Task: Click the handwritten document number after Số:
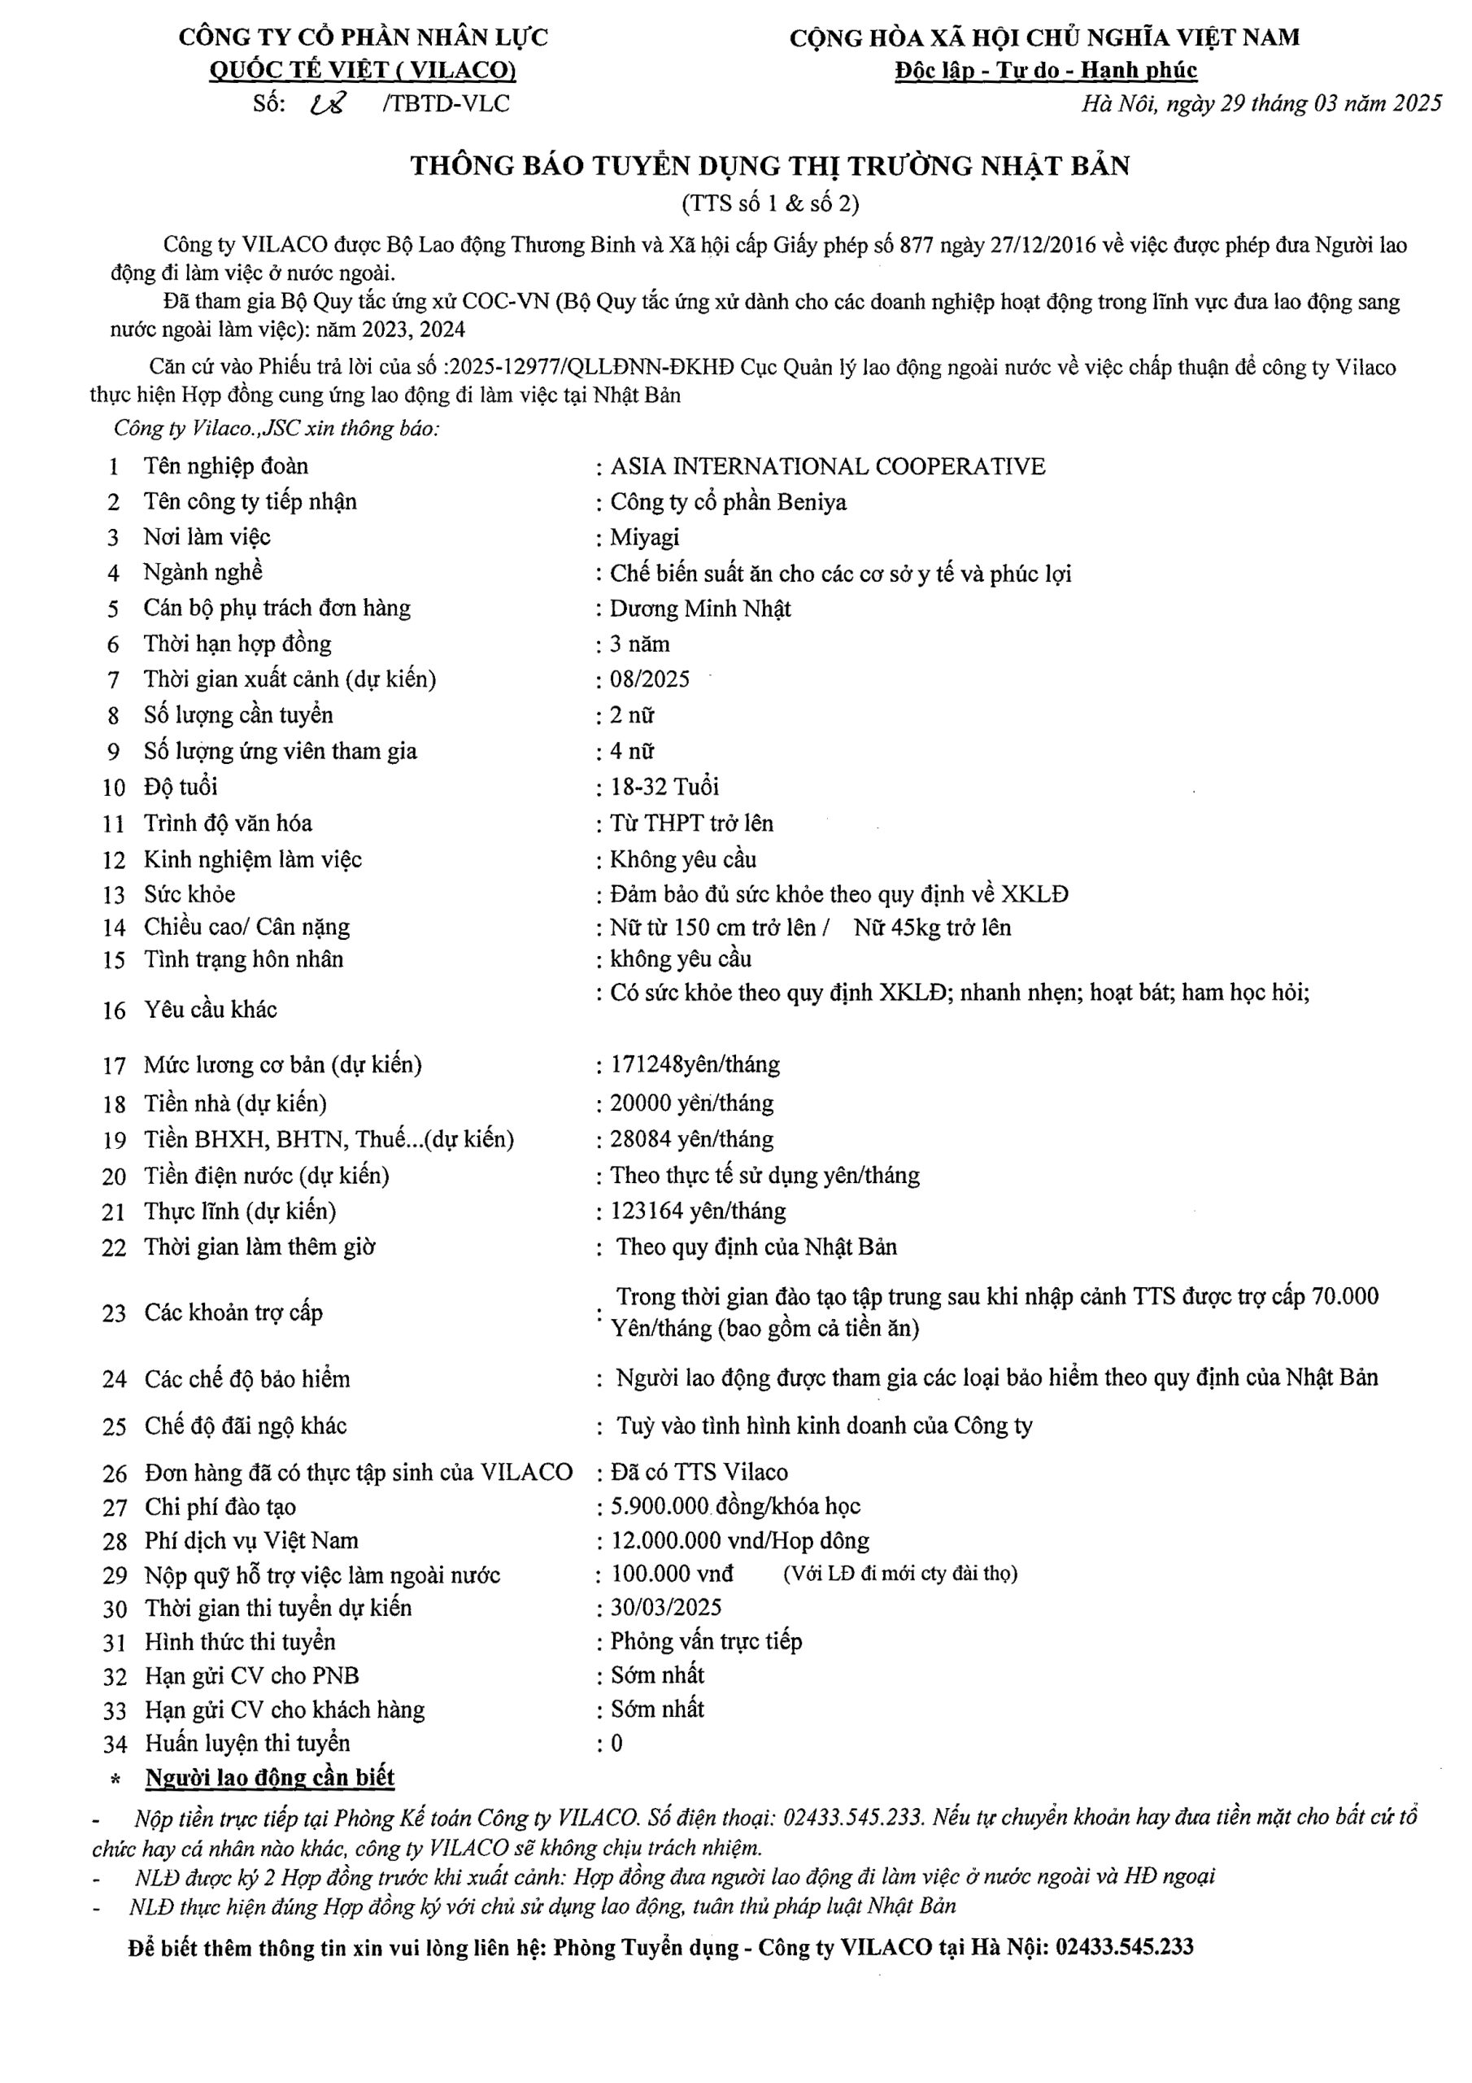[x=325, y=104]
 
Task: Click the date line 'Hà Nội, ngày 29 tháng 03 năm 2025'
[x=1261, y=103]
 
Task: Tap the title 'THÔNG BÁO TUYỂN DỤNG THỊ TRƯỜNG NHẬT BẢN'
[x=769, y=166]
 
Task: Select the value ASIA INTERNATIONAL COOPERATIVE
[x=827, y=466]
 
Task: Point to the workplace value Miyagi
[x=644, y=537]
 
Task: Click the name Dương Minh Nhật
[x=700, y=608]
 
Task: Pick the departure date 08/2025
[x=649, y=679]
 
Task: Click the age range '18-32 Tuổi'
[x=664, y=787]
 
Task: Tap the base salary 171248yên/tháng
[x=695, y=1064]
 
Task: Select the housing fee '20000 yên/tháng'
[x=691, y=1103]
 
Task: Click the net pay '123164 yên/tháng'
[x=698, y=1212]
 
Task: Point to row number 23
[x=113, y=1312]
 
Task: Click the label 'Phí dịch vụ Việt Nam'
[x=251, y=1540]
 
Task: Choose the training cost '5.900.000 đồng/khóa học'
[x=734, y=1506]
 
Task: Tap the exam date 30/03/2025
[x=666, y=1608]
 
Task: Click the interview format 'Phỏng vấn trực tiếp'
[x=706, y=1641]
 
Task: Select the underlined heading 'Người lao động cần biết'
[x=269, y=1777]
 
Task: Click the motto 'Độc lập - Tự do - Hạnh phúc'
[x=1045, y=70]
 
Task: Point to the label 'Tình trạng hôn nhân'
[x=243, y=960]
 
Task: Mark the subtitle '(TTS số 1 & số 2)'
[x=769, y=203]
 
